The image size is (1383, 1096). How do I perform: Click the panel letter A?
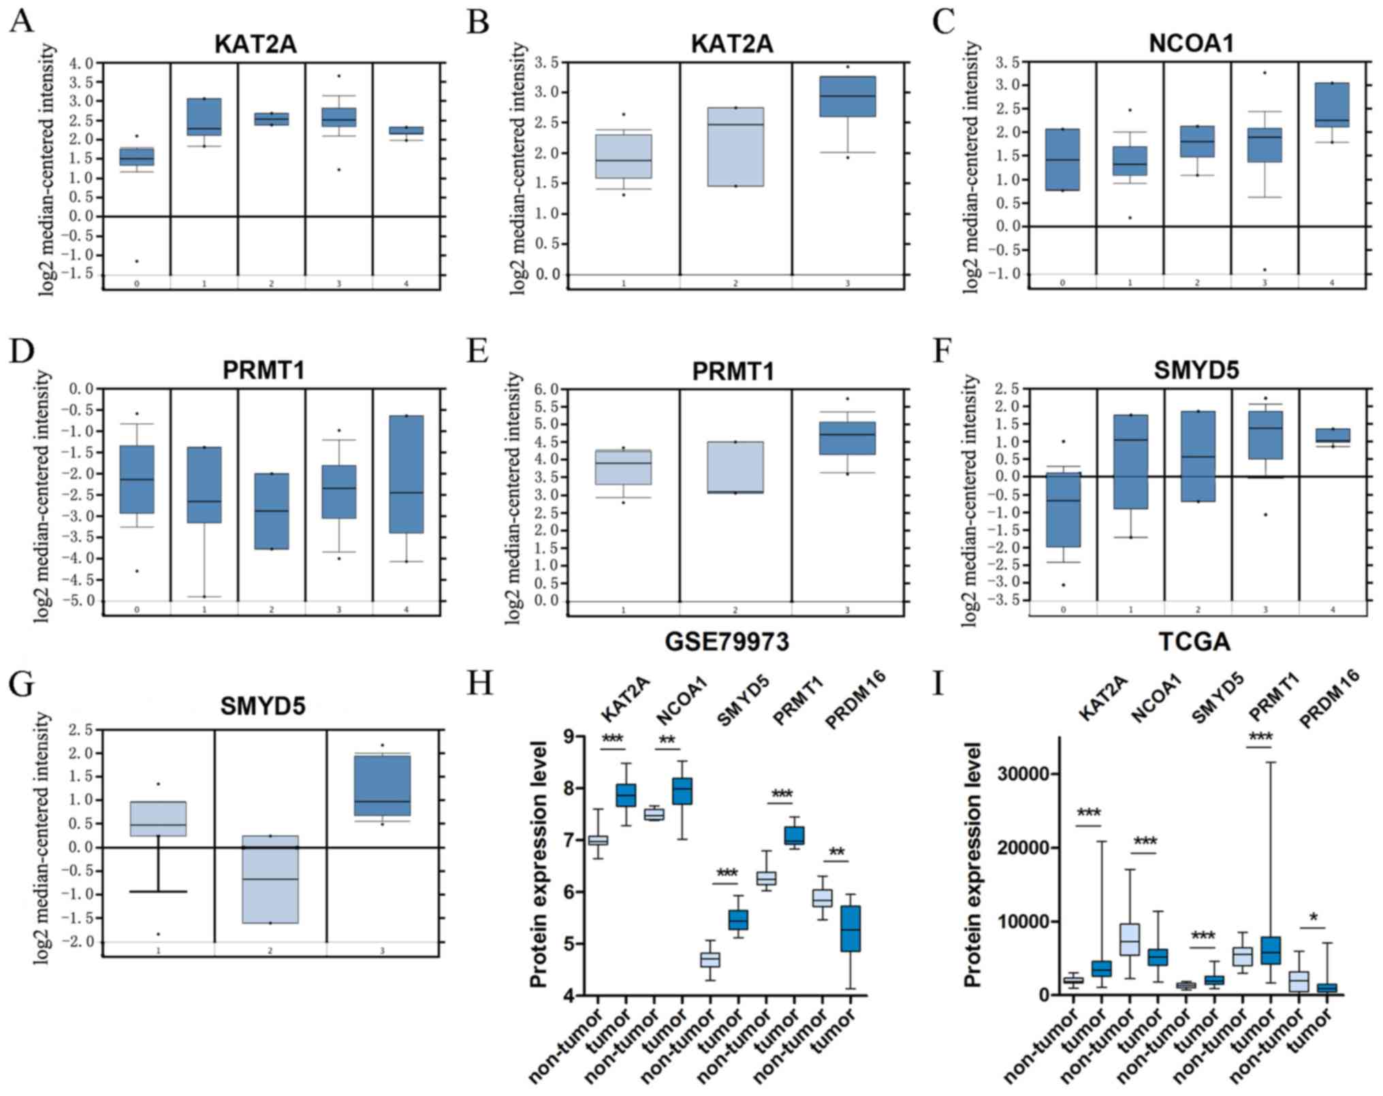(x=22, y=22)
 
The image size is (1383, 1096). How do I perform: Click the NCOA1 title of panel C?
(x=1191, y=44)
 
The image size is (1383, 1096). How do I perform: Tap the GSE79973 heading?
(x=727, y=641)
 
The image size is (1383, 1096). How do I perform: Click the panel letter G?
(x=22, y=683)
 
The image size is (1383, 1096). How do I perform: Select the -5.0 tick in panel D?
(x=80, y=601)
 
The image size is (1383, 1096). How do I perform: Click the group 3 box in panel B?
(x=847, y=97)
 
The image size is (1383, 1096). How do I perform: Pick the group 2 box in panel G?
(x=270, y=880)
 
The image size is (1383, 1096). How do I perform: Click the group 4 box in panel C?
(x=1332, y=105)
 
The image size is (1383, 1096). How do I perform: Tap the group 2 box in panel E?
(x=735, y=467)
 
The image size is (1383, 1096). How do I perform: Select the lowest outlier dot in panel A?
(x=137, y=261)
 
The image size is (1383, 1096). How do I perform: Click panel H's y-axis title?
(x=539, y=864)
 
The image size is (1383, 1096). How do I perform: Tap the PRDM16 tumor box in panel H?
(x=851, y=938)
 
